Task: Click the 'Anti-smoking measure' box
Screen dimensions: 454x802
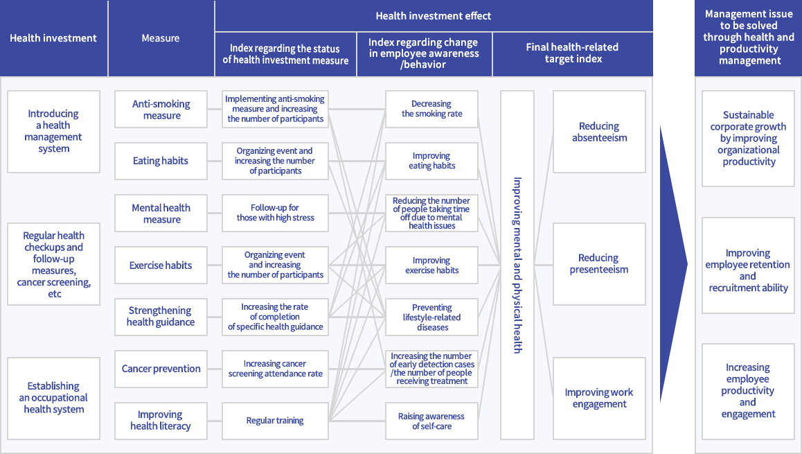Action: [161, 110]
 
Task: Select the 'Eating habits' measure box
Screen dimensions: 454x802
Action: [161, 161]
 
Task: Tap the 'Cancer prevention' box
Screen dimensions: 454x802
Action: [161, 369]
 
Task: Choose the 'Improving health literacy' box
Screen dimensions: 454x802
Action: [161, 420]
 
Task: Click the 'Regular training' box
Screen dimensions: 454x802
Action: [275, 420]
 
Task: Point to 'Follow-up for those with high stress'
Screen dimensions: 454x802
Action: [275, 213]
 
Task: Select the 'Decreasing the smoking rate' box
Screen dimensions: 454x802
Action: [431, 110]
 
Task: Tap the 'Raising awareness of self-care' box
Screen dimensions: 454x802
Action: [431, 421]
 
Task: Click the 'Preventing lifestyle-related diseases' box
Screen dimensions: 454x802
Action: [431, 317]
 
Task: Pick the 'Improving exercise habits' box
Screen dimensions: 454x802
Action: [431, 265]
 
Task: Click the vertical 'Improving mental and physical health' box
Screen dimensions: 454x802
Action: [517, 265]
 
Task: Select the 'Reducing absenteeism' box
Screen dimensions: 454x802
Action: [599, 132]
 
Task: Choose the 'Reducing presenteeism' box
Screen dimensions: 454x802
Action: [599, 264]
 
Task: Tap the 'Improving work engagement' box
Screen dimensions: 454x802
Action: [599, 398]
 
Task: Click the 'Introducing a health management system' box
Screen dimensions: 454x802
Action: [53, 131]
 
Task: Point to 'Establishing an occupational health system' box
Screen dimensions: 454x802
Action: [53, 397]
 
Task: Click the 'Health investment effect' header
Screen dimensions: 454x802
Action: [434, 15]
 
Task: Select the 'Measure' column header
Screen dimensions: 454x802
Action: [161, 38]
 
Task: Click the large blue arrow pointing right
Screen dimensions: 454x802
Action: [671, 264]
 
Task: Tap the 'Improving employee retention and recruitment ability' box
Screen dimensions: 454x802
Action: [748, 271]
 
